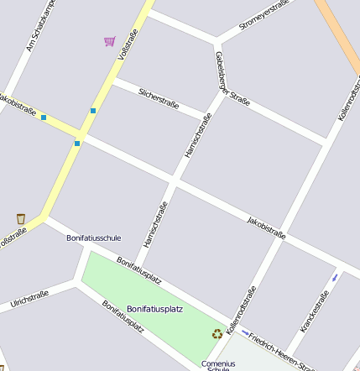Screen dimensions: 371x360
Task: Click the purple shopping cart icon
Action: click(x=109, y=40)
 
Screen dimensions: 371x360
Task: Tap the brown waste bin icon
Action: click(x=21, y=218)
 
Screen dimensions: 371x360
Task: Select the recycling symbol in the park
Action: click(x=217, y=333)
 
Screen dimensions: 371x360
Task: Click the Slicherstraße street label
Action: click(x=159, y=97)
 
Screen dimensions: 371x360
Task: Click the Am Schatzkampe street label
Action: click(x=39, y=26)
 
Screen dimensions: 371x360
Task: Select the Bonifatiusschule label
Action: click(x=93, y=238)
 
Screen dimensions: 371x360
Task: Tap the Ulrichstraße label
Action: click(x=29, y=300)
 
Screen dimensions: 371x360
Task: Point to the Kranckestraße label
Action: click(x=313, y=311)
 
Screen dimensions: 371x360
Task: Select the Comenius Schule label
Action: click(x=218, y=365)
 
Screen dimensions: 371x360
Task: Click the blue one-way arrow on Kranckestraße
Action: click(x=335, y=276)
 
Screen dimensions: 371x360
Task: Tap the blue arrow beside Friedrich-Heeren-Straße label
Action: click(x=245, y=332)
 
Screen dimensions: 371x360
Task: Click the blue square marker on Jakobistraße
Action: click(x=44, y=118)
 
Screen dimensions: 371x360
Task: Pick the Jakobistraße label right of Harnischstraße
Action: click(x=266, y=227)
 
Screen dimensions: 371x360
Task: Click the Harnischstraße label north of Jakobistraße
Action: click(x=196, y=136)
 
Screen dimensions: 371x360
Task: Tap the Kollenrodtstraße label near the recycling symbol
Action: click(x=241, y=308)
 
